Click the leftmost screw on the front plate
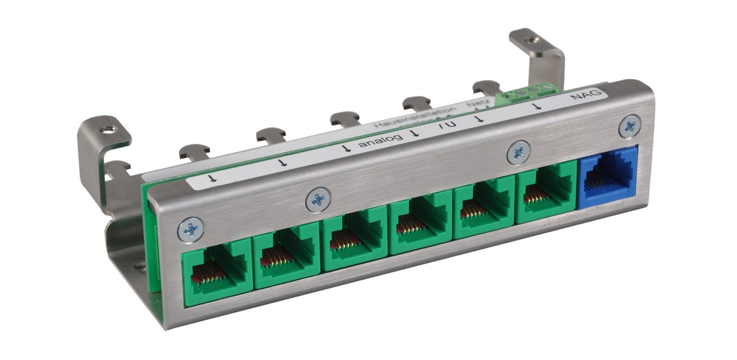[190, 230]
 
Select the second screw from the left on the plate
[318, 199]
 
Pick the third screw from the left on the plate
[519, 152]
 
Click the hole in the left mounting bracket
[111, 129]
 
